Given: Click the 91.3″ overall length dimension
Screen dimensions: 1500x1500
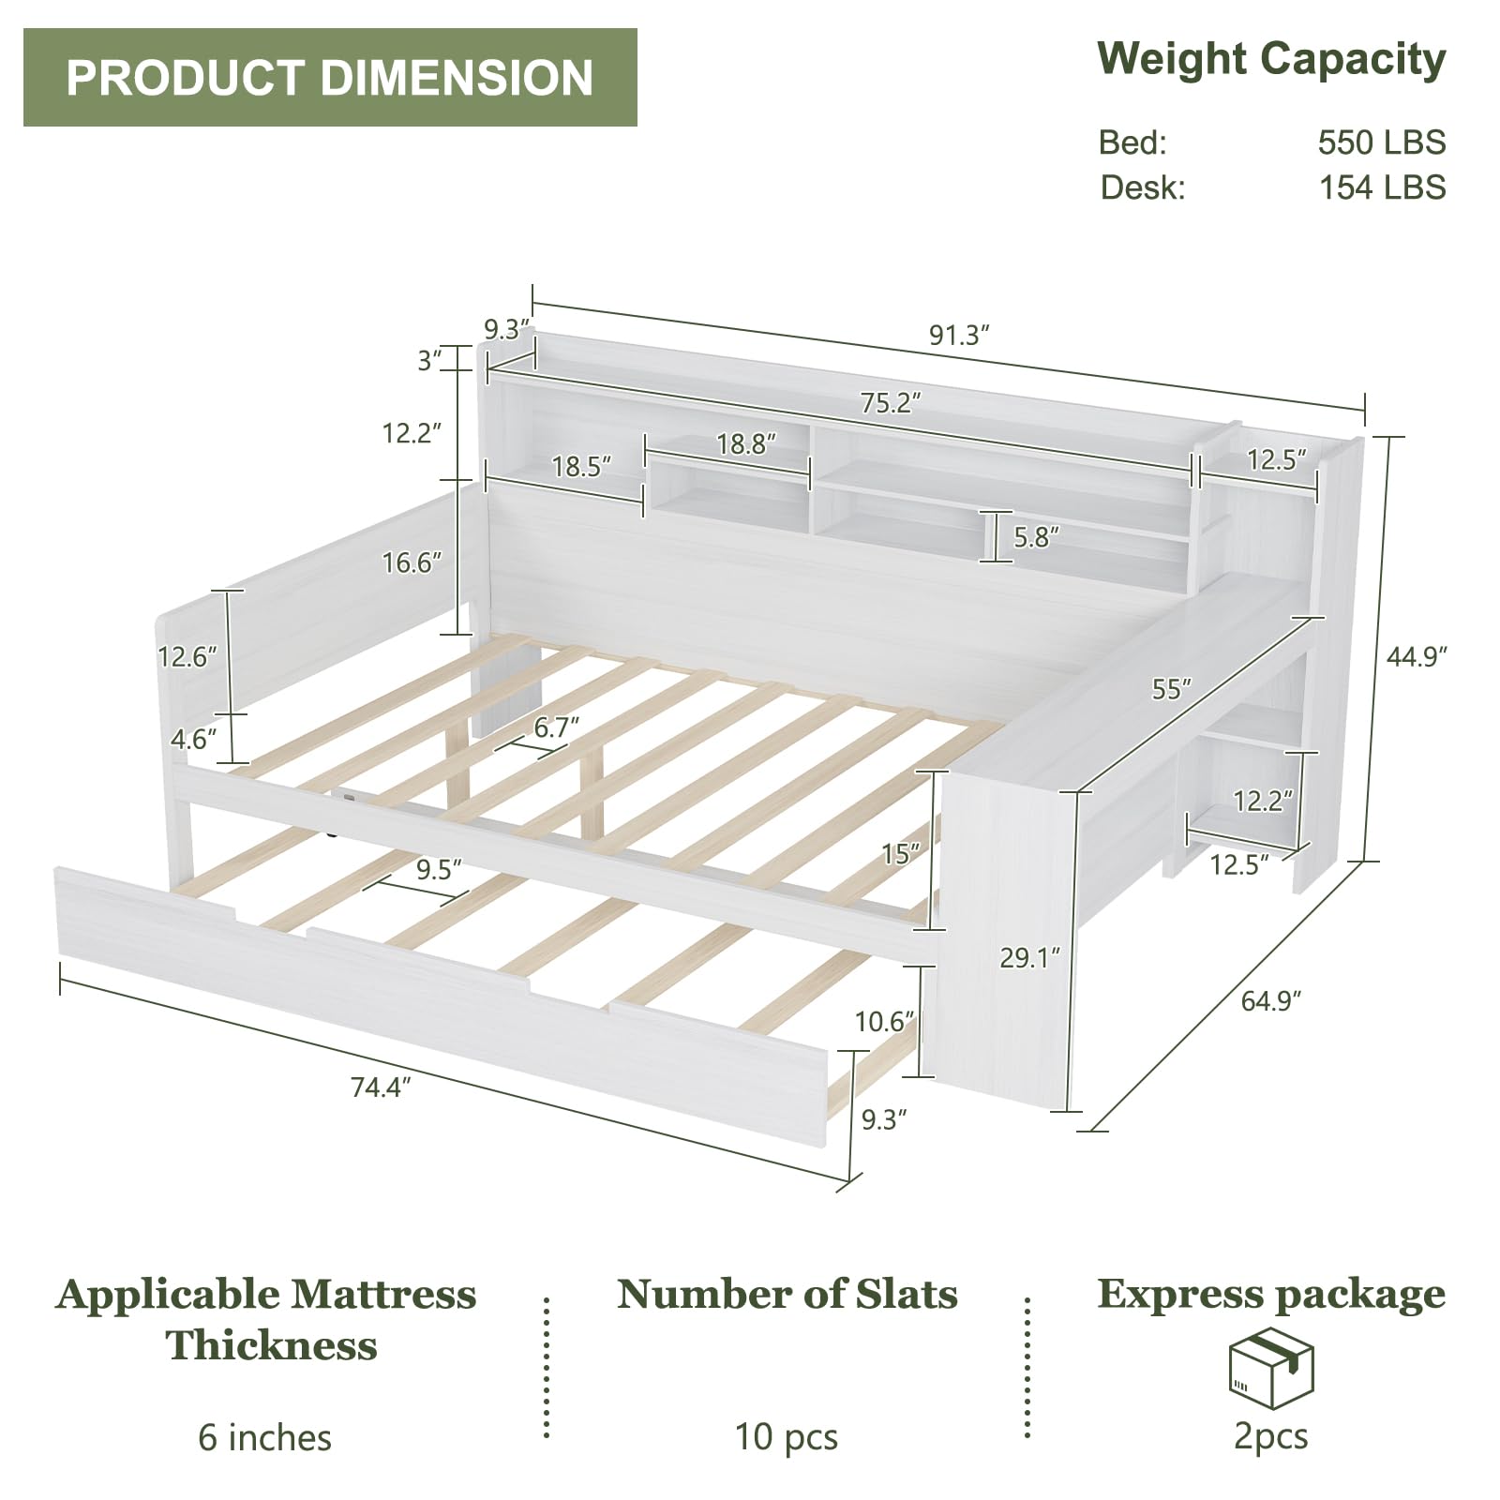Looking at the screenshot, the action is coord(959,335).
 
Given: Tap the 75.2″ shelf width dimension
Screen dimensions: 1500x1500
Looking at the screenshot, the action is coord(891,402).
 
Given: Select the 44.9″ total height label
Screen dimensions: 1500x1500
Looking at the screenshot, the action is coord(1417,656).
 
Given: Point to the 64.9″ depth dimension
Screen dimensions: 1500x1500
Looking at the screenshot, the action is coord(1271,1001).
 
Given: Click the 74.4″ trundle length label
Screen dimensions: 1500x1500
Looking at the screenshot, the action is coord(381,1087).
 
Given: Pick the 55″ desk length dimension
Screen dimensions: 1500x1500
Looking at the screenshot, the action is coord(1171,689).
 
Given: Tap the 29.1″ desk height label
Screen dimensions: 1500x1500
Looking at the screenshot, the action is coord(1029,957).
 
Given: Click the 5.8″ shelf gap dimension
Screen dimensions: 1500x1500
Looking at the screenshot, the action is coord(1037,536).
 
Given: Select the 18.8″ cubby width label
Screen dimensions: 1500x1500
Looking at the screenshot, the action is coord(746,443).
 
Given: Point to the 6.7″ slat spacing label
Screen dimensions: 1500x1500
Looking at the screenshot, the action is coord(556,727).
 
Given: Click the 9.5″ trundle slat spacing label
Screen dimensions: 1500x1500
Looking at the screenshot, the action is coord(439,870).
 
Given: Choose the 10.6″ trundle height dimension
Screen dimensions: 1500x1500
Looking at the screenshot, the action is coord(884,1021).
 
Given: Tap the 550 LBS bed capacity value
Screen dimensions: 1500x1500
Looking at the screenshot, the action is coord(1381,142).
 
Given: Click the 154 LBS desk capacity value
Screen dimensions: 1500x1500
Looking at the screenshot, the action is coord(1382,187).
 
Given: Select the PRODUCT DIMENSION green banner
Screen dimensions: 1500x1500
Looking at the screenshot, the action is coord(330,78).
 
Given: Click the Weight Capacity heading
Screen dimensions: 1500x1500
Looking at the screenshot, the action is coord(1271,60).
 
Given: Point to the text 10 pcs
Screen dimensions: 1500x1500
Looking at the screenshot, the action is coord(786,1436).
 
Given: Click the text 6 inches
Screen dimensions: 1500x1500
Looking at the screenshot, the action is coord(265,1437).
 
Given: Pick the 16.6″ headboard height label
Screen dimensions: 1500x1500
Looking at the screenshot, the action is coord(412,562).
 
